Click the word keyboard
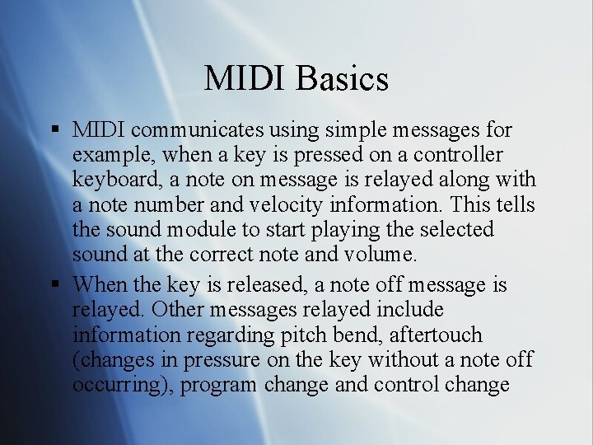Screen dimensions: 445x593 (x=110, y=179)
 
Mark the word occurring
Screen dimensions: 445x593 (x=123, y=385)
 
